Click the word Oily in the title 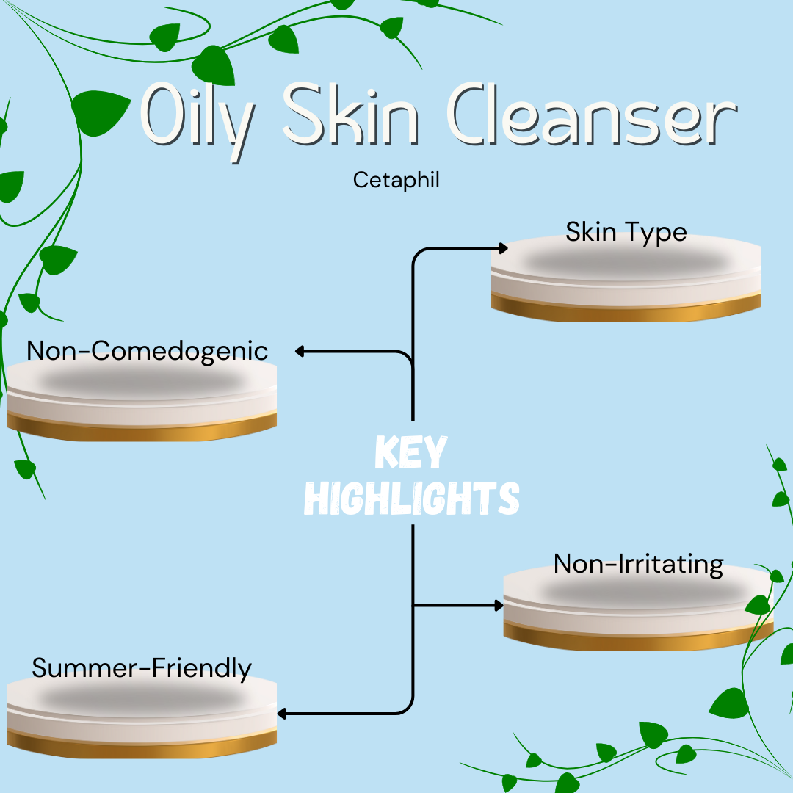click(198, 121)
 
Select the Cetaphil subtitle click(396, 180)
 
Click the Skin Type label click(626, 232)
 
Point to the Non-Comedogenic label click(147, 351)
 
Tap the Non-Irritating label click(638, 564)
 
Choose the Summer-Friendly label click(142, 668)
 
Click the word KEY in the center click(410, 452)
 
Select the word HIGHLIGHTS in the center click(412, 498)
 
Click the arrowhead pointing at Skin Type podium click(503, 248)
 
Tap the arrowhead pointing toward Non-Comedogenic click(300, 351)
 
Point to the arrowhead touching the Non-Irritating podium click(499, 605)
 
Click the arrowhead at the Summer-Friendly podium click(282, 714)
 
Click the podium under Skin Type click(626, 278)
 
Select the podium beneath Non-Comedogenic click(142, 399)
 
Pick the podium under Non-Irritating click(638, 607)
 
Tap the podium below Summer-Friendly click(142, 716)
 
